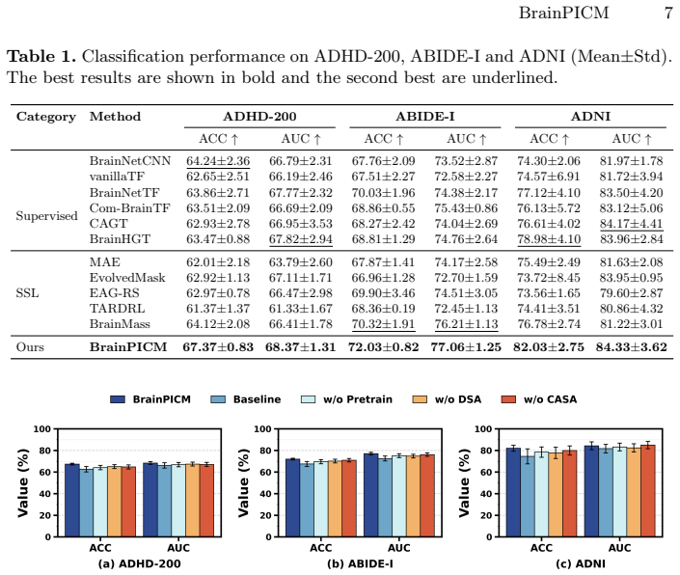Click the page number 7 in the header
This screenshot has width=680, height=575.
coord(667,13)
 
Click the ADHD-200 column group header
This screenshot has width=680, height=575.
coord(259,116)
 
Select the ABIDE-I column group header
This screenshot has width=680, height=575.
coord(425,116)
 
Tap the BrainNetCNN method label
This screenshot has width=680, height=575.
coord(130,161)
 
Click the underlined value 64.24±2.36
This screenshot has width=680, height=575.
coord(218,161)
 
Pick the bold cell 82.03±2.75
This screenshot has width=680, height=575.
coord(549,347)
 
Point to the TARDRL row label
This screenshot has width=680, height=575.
coord(117,309)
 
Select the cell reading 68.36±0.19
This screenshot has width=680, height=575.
coord(383,309)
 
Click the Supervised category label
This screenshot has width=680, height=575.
coord(47,216)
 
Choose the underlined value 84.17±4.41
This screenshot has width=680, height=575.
coord(632,224)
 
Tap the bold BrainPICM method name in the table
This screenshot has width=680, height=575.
coord(128,347)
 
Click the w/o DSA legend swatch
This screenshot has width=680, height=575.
coord(420,399)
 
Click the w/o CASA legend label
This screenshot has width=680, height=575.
coord(550,399)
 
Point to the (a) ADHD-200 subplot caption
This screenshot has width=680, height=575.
coord(139,563)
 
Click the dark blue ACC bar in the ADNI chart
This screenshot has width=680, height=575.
coord(513,493)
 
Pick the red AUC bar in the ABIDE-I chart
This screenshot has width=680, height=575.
coord(427,496)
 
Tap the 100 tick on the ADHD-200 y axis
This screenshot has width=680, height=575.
coord(42,429)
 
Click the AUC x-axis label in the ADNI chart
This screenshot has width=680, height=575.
coord(619,548)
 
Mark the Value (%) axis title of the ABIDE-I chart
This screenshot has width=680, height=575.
coord(244,482)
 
